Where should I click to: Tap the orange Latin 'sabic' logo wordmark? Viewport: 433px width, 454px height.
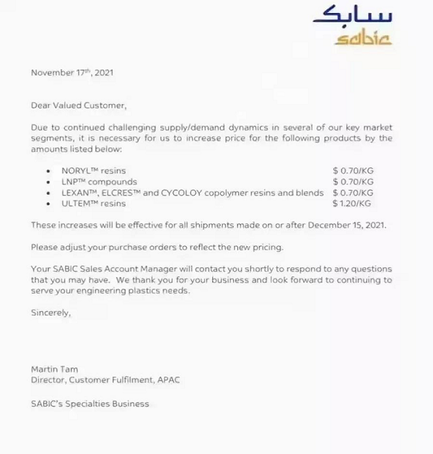[362, 36]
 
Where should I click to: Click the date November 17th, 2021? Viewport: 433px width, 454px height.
[72, 73]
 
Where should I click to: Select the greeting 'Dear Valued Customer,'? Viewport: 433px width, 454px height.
[79, 105]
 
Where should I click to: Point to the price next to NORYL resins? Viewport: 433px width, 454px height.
[353, 171]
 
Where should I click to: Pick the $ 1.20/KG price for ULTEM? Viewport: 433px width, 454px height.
[353, 204]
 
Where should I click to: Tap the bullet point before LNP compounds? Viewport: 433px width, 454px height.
[48, 183]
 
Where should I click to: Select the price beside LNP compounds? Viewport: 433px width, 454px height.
[353, 182]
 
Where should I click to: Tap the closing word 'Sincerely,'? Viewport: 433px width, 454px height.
[51, 313]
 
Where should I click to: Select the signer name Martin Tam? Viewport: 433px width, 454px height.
[55, 370]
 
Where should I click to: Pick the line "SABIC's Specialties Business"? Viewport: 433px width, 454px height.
[89, 403]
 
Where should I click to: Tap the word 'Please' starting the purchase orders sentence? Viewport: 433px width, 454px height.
[44, 247]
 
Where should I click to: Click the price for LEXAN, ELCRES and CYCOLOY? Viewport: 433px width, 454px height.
[353, 193]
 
